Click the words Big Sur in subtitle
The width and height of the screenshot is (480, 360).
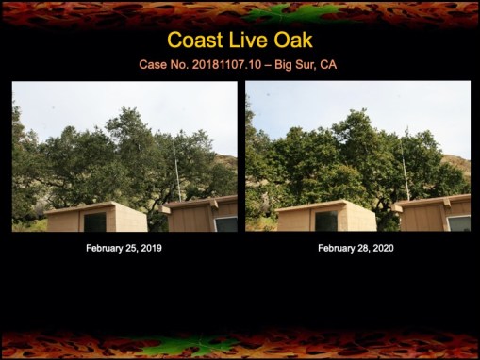tap(296, 65)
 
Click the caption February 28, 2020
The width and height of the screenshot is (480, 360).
tap(356, 248)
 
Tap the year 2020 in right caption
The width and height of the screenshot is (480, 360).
tap(381, 248)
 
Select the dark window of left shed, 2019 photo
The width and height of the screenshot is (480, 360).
tap(95, 221)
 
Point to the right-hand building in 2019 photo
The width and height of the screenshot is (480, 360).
tap(203, 215)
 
